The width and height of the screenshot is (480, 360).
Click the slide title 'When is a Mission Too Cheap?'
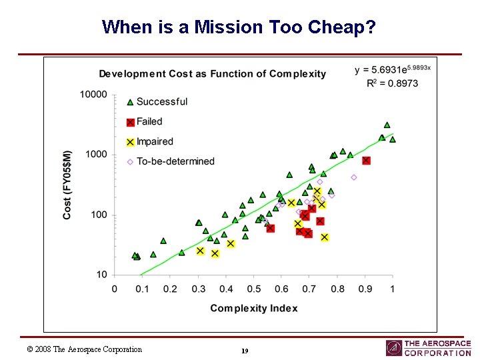(x=239, y=27)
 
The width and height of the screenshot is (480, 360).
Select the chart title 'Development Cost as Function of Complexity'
(x=213, y=74)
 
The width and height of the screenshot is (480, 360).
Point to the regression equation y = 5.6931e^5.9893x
(x=393, y=70)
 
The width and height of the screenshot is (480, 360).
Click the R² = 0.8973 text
(x=393, y=83)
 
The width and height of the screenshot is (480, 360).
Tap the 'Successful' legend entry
(x=161, y=102)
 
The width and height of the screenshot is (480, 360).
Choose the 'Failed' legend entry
(x=149, y=122)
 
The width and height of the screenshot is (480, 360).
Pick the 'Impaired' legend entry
(x=154, y=142)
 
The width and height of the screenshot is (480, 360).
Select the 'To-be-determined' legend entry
(x=175, y=161)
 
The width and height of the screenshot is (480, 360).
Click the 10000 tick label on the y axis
(x=93, y=95)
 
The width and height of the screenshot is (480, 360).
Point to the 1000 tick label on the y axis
(x=96, y=155)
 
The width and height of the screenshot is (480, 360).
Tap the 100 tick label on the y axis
(x=99, y=215)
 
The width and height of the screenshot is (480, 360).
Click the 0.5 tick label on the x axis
(x=253, y=289)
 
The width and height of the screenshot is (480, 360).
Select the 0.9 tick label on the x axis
(x=365, y=289)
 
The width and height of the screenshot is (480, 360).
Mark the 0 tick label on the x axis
(x=115, y=289)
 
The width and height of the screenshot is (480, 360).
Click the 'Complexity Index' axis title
(x=254, y=308)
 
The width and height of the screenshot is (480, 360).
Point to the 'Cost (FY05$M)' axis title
(x=67, y=184)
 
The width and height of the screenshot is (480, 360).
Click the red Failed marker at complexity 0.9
(x=366, y=161)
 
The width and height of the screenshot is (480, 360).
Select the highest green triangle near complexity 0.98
(x=387, y=125)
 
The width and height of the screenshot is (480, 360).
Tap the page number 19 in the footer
(x=245, y=351)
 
